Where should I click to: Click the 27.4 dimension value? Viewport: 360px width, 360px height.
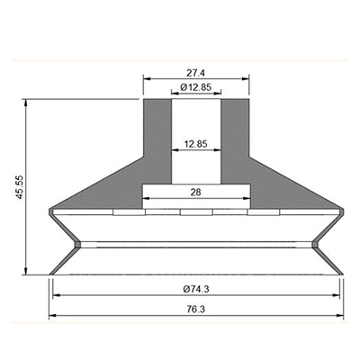click(195, 73)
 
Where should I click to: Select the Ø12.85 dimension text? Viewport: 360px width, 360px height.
click(196, 87)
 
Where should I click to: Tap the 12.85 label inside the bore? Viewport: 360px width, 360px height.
click(195, 144)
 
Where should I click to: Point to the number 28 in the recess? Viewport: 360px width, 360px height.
click(195, 192)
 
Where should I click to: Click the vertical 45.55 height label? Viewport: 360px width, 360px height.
click(20, 187)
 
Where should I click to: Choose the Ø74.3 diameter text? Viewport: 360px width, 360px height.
click(196, 289)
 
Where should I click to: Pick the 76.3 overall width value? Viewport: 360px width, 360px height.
click(196, 310)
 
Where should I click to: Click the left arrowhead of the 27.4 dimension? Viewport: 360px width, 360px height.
click(147, 79)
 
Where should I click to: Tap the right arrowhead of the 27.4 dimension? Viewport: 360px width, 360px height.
click(246, 79)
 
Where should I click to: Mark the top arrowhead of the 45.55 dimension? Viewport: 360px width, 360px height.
click(26, 103)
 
